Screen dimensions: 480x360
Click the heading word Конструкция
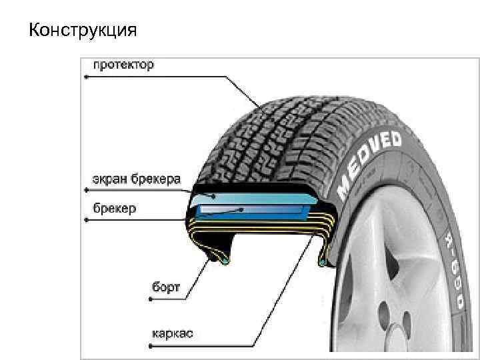click(x=83, y=31)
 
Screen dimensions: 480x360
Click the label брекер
click(x=114, y=209)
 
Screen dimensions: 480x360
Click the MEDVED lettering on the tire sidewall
click(x=369, y=163)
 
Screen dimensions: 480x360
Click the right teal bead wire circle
click(x=322, y=263)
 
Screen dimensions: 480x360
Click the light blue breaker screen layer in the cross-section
click(x=253, y=197)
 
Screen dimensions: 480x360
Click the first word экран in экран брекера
click(x=109, y=180)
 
